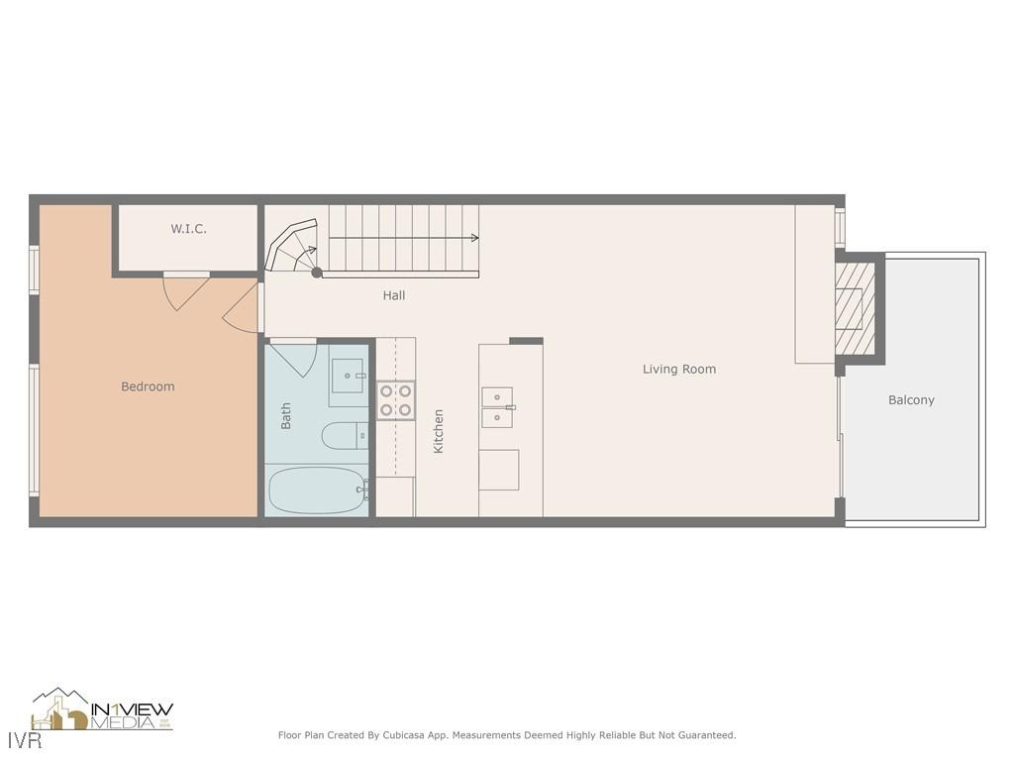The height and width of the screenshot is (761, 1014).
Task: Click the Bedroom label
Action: (x=148, y=386)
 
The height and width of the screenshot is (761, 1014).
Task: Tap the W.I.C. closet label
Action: (x=188, y=229)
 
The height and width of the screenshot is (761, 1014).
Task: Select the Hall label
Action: (x=394, y=295)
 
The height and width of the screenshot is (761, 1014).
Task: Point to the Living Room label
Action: (x=679, y=369)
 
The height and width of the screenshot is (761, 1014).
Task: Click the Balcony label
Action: (x=911, y=400)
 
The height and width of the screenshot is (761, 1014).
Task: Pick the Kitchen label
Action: (x=439, y=432)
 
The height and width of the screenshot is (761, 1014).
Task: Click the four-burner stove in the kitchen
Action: (x=395, y=400)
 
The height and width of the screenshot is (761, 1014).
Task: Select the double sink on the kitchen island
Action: (x=497, y=407)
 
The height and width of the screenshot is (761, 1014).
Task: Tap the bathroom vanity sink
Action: (x=348, y=377)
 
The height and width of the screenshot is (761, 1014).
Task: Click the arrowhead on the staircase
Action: (x=475, y=238)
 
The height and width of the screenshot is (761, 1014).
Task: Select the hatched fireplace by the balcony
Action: (x=855, y=307)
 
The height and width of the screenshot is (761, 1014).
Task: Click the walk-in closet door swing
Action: (x=186, y=291)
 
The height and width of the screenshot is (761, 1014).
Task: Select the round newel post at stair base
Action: (x=317, y=272)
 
